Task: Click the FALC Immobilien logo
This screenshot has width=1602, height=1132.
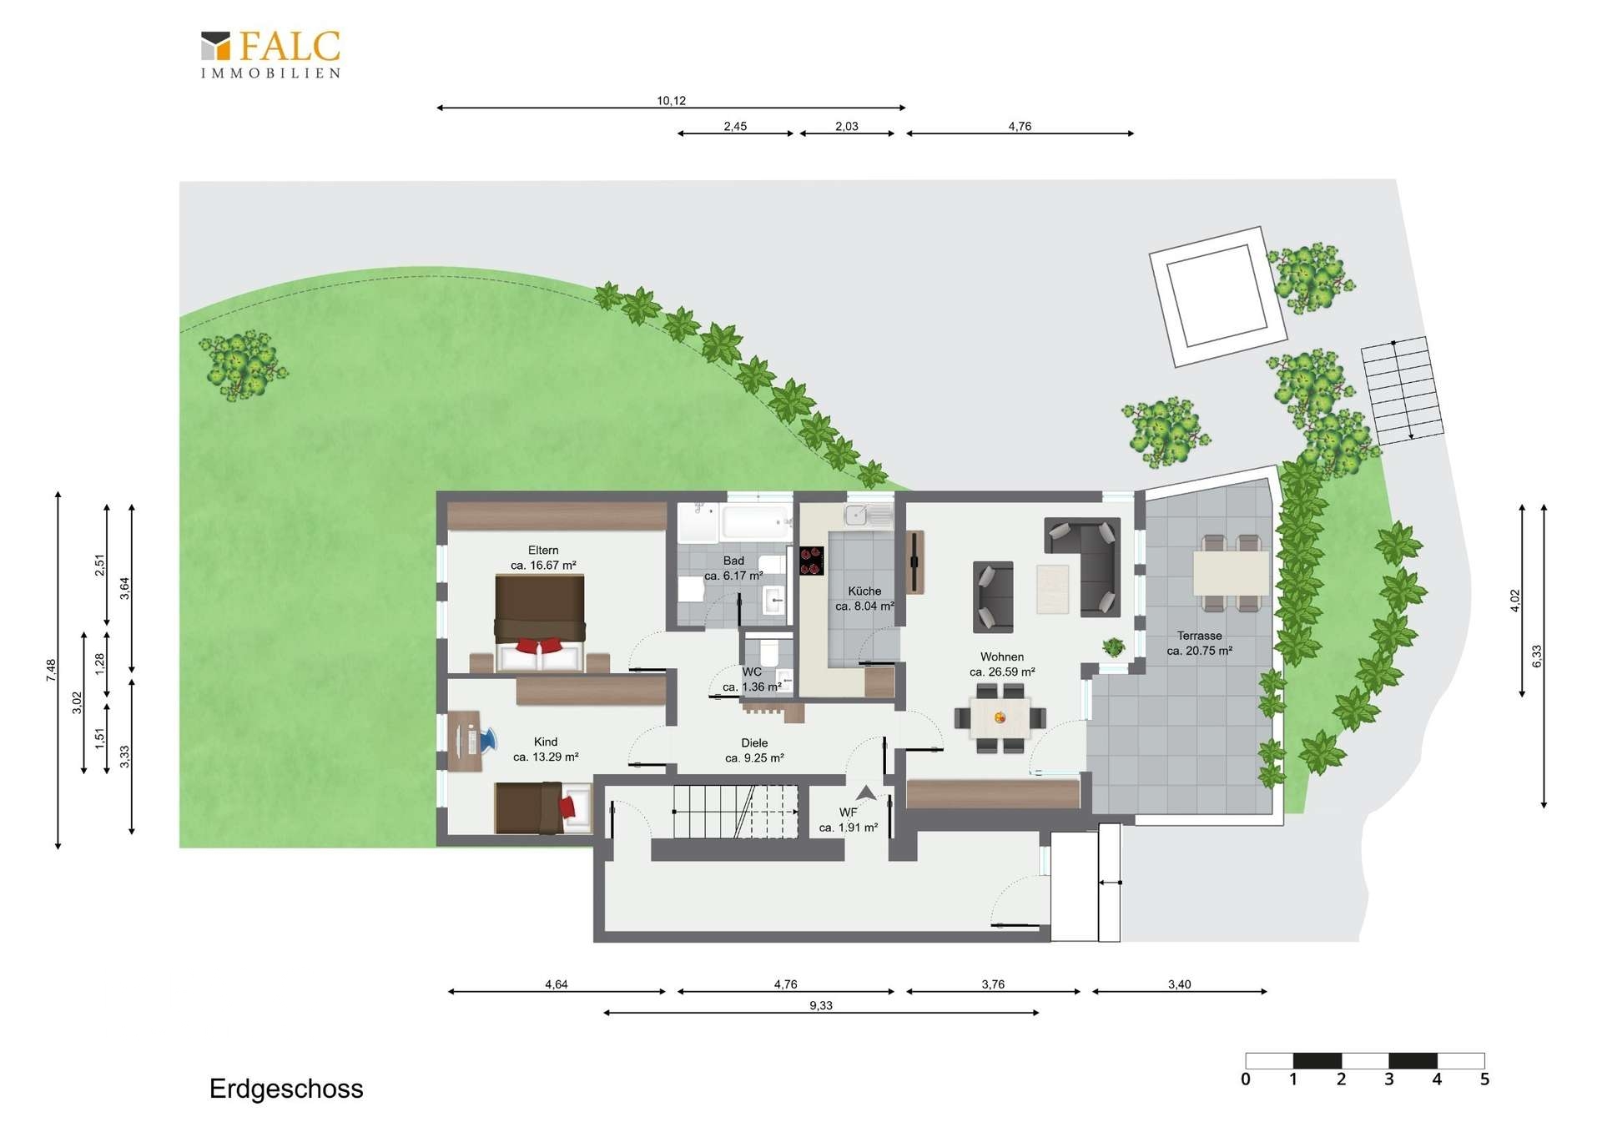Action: pos(270,54)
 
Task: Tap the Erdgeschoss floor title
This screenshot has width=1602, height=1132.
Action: pos(286,1089)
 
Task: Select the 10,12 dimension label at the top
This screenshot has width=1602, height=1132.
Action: pos(671,101)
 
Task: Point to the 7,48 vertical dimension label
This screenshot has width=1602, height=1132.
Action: pos(51,670)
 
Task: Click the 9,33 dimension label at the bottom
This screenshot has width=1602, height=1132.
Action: pos(821,1005)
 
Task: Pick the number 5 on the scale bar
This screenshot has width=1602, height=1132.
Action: pos(1484,1079)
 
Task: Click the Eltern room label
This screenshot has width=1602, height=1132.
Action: pos(543,550)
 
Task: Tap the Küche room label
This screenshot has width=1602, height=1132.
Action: pos(864,591)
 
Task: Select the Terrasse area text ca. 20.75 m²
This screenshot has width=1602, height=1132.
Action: pos(1200,651)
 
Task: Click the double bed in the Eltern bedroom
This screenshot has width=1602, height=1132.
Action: pos(540,623)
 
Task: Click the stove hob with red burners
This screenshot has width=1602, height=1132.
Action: pos(812,561)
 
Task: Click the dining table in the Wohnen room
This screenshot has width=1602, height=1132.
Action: pos(1000,717)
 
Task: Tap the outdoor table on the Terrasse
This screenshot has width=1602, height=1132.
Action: pos(1231,572)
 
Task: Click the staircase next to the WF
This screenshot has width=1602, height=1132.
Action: pos(735,811)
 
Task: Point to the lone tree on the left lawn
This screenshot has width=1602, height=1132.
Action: pos(243,365)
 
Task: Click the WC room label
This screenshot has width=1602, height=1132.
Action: pos(752,672)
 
